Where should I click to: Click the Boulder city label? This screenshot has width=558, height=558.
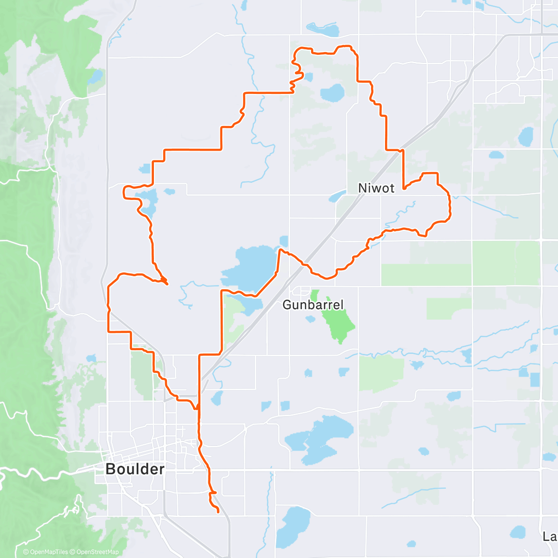(x=135, y=469)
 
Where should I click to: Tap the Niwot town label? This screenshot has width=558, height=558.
(x=376, y=188)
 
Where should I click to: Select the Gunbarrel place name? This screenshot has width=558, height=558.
(x=313, y=305)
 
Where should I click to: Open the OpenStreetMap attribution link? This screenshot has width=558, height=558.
(x=97, y=552)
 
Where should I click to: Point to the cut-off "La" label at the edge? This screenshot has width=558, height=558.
(x=550, y=537)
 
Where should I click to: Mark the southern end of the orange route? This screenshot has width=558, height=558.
(x=218, y=512)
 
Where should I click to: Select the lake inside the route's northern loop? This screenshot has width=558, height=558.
(x=332, y=93)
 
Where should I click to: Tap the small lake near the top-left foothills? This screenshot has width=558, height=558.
(x=96, y=76)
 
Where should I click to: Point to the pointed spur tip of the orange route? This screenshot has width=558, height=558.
(x=167, y=283)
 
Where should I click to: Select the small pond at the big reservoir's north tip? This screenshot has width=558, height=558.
(x=284, y=241)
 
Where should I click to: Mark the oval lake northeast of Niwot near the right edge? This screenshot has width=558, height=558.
(x=526, y=136)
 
